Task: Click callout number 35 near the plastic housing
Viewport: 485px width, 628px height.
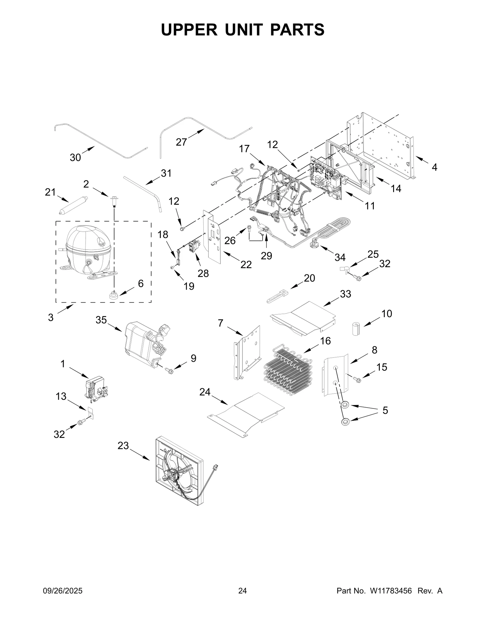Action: click(101, 320)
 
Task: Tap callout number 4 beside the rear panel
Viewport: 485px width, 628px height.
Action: click(434, 167)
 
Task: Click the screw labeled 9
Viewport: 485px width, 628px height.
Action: click(169, 370)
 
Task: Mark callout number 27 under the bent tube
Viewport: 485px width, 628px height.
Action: click(181, 142)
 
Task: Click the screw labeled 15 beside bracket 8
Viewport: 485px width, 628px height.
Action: click(357, 379)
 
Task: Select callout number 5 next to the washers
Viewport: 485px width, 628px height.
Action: click(385, 411)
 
